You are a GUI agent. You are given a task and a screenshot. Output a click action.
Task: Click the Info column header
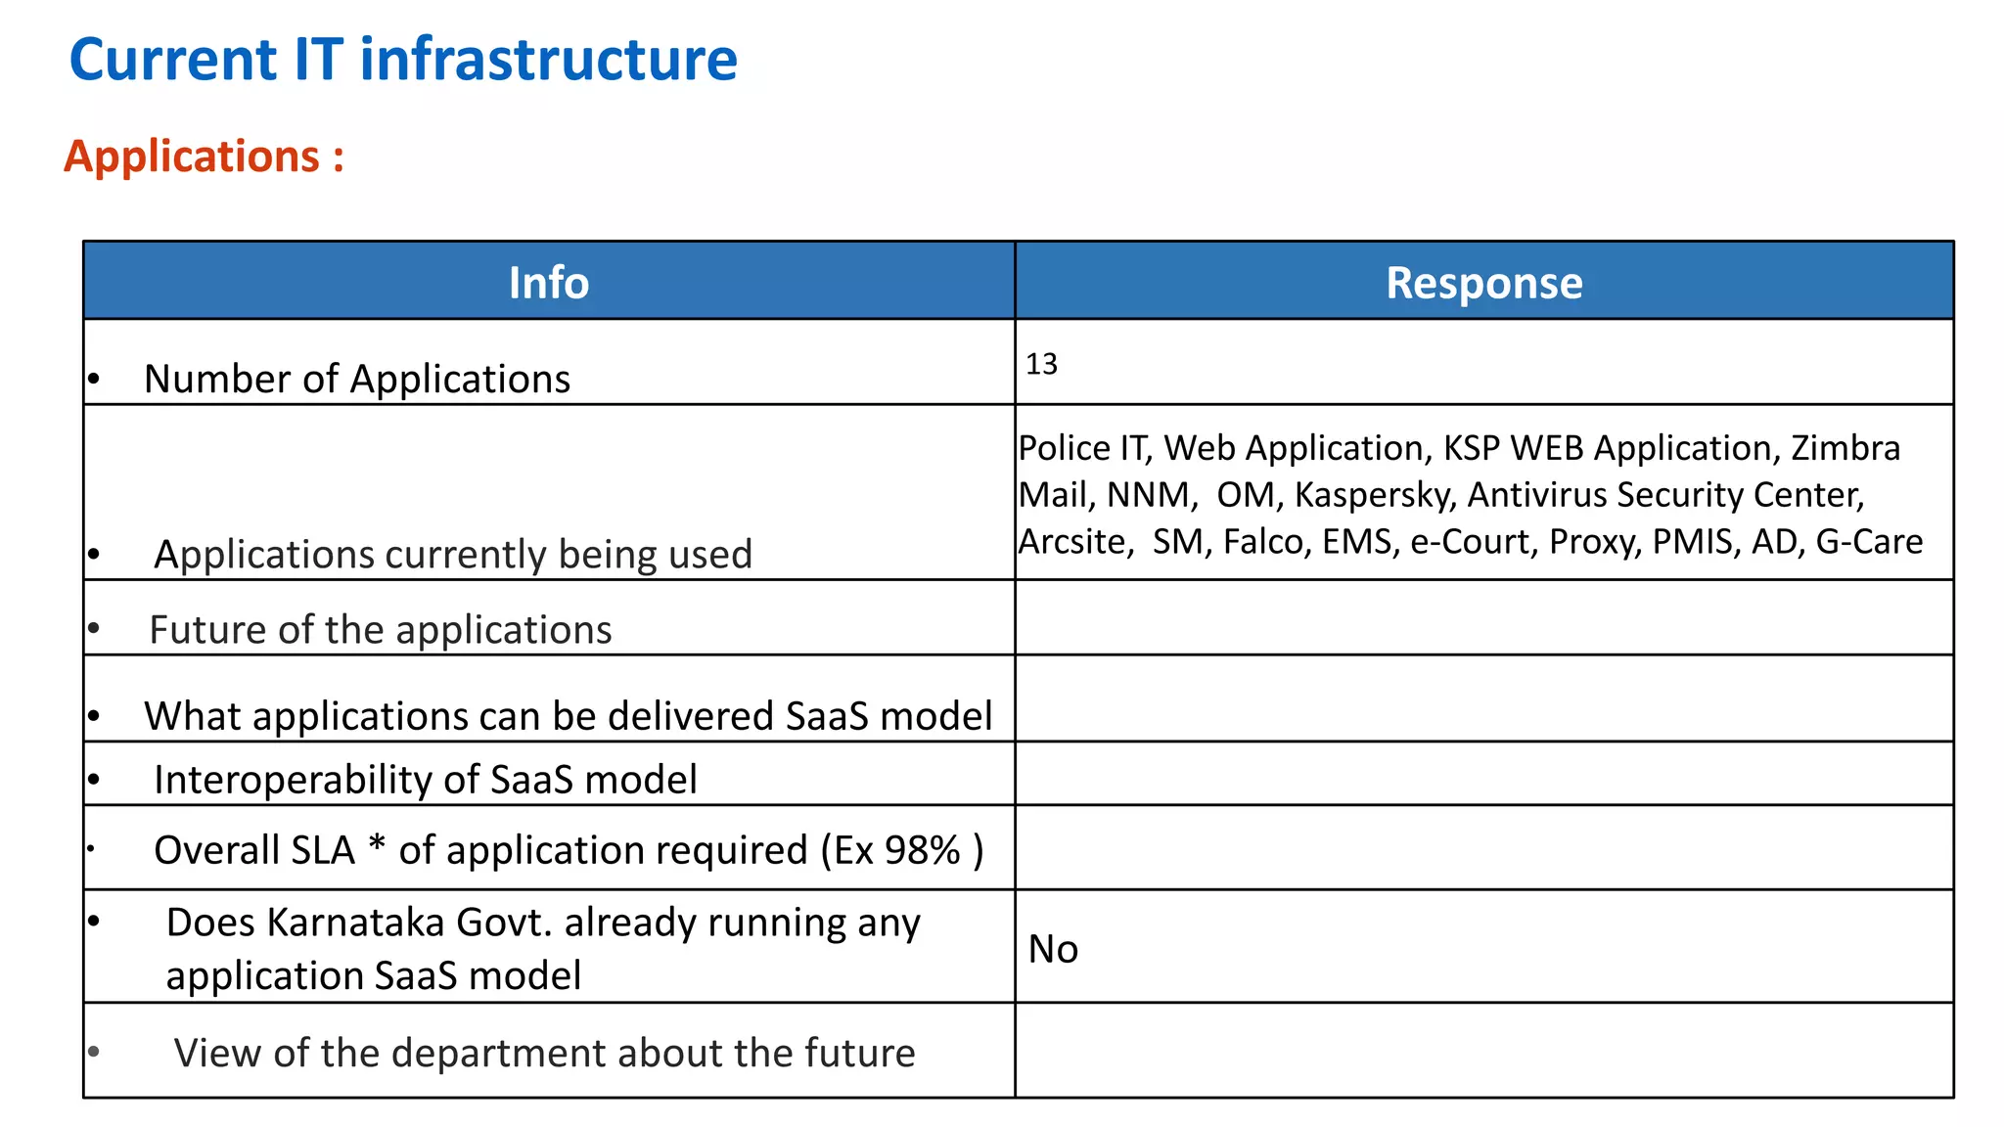coord(548,283)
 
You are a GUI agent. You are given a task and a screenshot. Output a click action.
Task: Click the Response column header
coord(1483,283)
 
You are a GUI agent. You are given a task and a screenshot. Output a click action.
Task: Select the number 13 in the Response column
coord(1041,364)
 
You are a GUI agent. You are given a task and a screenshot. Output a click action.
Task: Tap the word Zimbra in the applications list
coord(1845,448)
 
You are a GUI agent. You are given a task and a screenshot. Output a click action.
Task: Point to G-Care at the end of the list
coord(1868,542)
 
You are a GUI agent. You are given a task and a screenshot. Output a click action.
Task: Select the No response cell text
coord(1053,949)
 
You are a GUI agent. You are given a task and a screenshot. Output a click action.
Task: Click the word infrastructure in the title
coord(548,60)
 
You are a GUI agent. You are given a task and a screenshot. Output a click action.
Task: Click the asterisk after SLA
coord(377,845)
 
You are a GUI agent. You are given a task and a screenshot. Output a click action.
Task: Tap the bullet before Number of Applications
coord(94,380)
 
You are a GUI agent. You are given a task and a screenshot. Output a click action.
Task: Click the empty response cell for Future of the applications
coord(1483,618)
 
